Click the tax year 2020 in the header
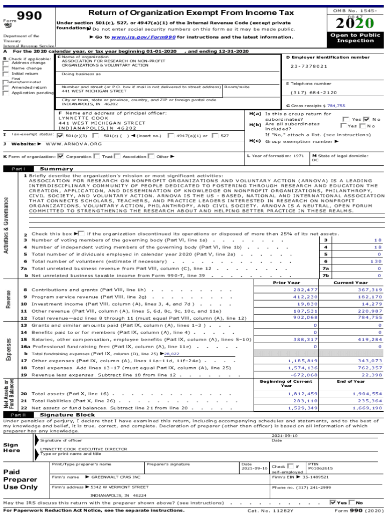[x=354, y=23]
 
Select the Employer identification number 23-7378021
[x=309, y=66]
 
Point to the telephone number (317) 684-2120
[x=314, y=93]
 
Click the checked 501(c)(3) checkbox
[x=60, y=135]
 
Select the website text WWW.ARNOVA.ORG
[x=74, y=144]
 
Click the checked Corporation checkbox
[x=61, y=156]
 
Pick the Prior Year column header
[x=286, y=283]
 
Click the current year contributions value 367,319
[x=370, y=290]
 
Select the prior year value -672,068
[x=305, y=375]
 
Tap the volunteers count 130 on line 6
[x=375, y=262]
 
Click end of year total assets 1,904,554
[x=367, y=394]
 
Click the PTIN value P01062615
[x=320, y=468]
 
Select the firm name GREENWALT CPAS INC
[x=116, y=477]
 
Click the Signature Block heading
[x=67, y=415]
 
